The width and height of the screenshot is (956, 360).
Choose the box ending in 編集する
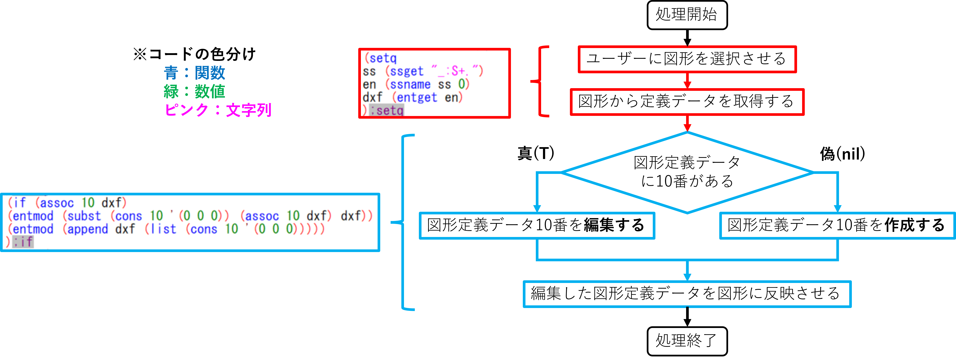coord(537,225)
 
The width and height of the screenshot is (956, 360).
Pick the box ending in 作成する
coord(837,225)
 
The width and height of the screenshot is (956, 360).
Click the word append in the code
coord(88,229)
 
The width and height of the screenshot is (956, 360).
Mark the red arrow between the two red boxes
coord(687,81)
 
